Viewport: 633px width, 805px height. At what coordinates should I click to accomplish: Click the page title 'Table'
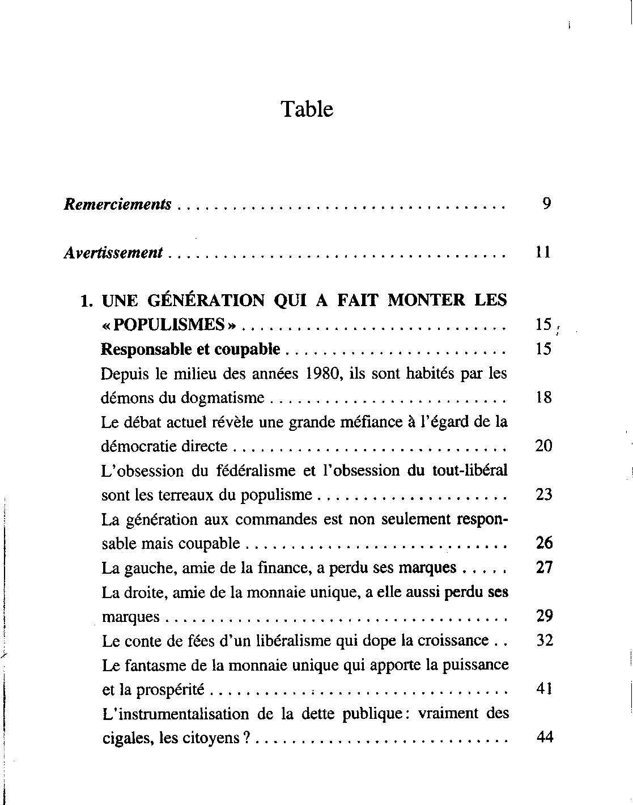pyautogui.click(x=307, y=109)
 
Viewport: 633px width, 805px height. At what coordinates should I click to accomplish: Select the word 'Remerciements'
pyautogui.click(x=117, y=204)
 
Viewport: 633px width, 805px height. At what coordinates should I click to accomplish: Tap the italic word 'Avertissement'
pyautogui.click(x=113, y=252)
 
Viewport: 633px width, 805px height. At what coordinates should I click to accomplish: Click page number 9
pyautogui.click(x=546, y=204)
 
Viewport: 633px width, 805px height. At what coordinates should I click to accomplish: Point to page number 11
pyautogui.click(x=543, y=252)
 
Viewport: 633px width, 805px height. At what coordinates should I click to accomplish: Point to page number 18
pyautogui.click(x=543, y=398)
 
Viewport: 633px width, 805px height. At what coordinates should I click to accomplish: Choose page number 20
pyautogui.click(x=543, y=446)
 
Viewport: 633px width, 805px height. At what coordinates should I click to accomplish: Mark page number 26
pyautogui.click(x=544, y=544)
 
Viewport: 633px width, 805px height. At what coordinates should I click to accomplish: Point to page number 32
pyautogui.click(x=544, y=641)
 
